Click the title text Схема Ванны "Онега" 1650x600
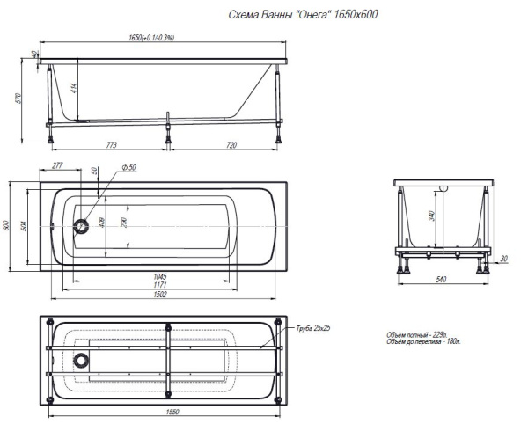(x=303, y=14)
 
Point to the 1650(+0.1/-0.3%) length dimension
(x=151, y=38)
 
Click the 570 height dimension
(x=19, y=98)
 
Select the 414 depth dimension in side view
(x=74, y=88)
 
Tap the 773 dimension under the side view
(x=111, y=144)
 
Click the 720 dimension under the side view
(x=231, y=144)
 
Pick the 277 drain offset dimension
(x=57, y=165)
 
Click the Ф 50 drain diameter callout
(x=129, y=167)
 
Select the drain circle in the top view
(x=81, y=226)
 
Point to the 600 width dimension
(x=6, y=225)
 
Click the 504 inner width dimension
(x=24, y=226)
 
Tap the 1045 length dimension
(x=160, y=276)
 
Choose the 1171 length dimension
(x=160, y=285)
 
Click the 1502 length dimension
(x=160, y=294)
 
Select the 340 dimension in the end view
(x=432, y=216)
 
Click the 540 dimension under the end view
(x=441, y=280)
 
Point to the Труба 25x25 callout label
(x=312, y=328)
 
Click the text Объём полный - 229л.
(x=416, y=335)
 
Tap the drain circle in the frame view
(x=81, y=360)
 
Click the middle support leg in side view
(x=167, y=128)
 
